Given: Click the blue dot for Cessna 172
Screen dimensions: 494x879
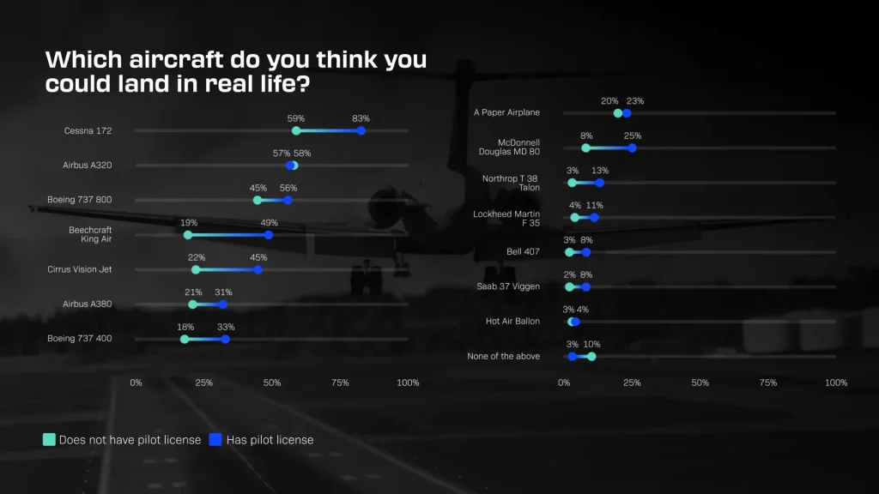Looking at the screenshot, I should [x=361, y=130].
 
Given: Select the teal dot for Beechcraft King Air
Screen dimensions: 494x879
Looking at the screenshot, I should [x=188, y=234].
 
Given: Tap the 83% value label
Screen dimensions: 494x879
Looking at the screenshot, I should [x=361, y=118].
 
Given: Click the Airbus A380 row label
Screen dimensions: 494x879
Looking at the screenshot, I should [x=88, y=304].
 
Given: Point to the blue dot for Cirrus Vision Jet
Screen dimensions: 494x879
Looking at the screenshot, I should [x=258, y=269].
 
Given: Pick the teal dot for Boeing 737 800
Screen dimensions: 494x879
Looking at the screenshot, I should [x=258, y=200].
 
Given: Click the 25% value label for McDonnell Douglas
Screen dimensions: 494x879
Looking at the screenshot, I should [x=633, y=136].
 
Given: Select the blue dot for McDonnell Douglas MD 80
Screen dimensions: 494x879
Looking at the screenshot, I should [x=632, y=148].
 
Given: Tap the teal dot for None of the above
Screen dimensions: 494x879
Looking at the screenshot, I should [x=591, y=356].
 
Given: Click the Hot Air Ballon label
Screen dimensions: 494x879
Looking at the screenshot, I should [x=512, y=322].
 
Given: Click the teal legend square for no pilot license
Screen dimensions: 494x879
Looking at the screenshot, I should [x=49, y=440].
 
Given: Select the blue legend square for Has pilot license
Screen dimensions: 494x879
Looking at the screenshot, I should [x=216, y=440].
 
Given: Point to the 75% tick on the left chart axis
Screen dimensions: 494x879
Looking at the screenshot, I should [x=340, y=383].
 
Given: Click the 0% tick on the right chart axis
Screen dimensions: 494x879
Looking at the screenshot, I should [x=564, y=383].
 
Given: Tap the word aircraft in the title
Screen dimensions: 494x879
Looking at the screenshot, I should [x=159, y=61].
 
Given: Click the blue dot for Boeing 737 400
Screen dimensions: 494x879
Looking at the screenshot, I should [x=226, y=339].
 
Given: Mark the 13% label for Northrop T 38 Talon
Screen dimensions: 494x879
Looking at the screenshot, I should [x=600, y=170].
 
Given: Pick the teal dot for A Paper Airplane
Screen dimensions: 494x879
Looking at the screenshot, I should [x=618, y=113].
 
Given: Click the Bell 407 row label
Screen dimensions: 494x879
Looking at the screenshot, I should [x=523, y=252].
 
